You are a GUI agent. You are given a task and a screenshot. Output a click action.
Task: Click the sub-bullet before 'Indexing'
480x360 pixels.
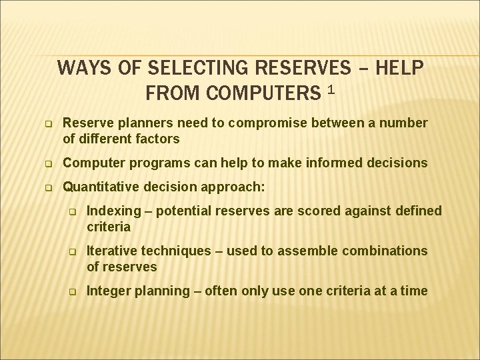(74, 212)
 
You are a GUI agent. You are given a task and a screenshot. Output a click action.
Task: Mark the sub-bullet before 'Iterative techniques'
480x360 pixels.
(74, 252)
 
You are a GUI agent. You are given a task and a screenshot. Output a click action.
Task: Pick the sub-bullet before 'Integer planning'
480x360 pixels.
(74, 292)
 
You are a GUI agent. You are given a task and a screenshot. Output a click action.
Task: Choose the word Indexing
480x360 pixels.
(114, 211)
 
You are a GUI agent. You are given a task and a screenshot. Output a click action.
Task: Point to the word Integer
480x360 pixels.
(109, 291)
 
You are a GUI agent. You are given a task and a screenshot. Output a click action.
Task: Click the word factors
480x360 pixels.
(158, 139)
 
